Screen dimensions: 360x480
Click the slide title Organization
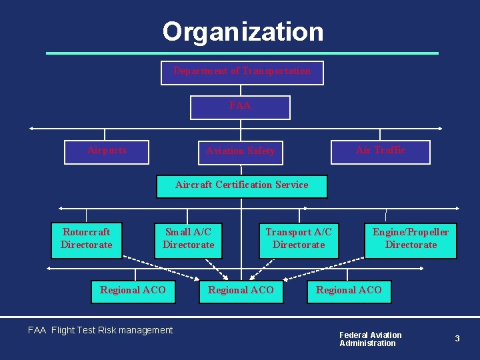[x=243, y=31]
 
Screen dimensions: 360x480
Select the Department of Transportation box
[x=242, y=73]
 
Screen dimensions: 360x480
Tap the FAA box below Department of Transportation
[x=240, y=107]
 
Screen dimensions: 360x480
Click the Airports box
[x=107, y=151]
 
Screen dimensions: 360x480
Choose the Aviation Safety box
[x=241, y=152]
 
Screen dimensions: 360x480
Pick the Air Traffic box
[x=381, y=151]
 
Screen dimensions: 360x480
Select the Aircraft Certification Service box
[x=242, y=186]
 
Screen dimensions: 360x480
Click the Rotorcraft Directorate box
[x=87, y=240]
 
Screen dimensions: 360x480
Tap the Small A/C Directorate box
[x=189, y=240]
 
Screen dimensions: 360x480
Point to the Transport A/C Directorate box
[x=299, y=240]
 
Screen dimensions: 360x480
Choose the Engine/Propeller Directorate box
[x=411, y=240]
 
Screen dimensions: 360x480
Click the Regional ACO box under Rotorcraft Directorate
[x=133, y=291]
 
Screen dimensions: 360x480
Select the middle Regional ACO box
[x=241, y=291]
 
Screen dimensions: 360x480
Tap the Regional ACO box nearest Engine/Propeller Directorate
[x=349, y=291]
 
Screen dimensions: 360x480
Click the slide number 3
[x=457, y=339]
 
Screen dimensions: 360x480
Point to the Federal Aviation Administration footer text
[x=371, y=339]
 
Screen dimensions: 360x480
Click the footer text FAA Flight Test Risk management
[x=100, y=330]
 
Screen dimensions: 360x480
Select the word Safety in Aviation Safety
[x=260, y=151]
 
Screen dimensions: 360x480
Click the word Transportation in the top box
[x=276, y=71]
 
